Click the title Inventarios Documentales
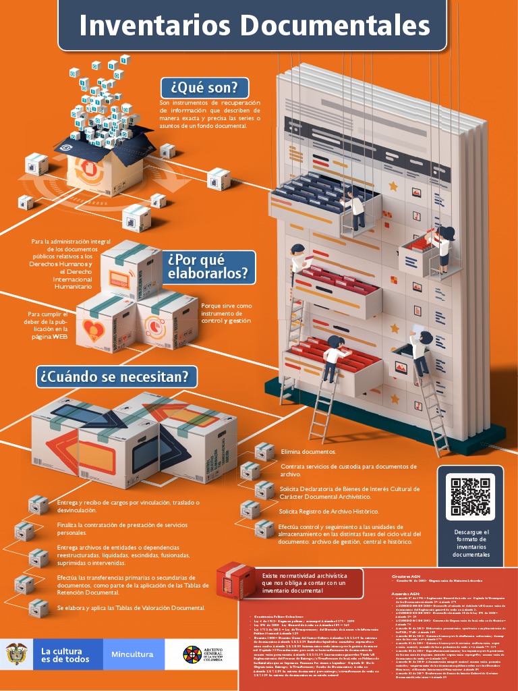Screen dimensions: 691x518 point(254,26)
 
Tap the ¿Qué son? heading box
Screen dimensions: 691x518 point(204,88)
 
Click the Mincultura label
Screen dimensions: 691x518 point(133,654)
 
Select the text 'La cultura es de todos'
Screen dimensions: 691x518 point(65,655)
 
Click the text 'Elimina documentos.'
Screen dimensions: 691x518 point(308,451)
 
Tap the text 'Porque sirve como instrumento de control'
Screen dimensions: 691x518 point(226,313)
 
